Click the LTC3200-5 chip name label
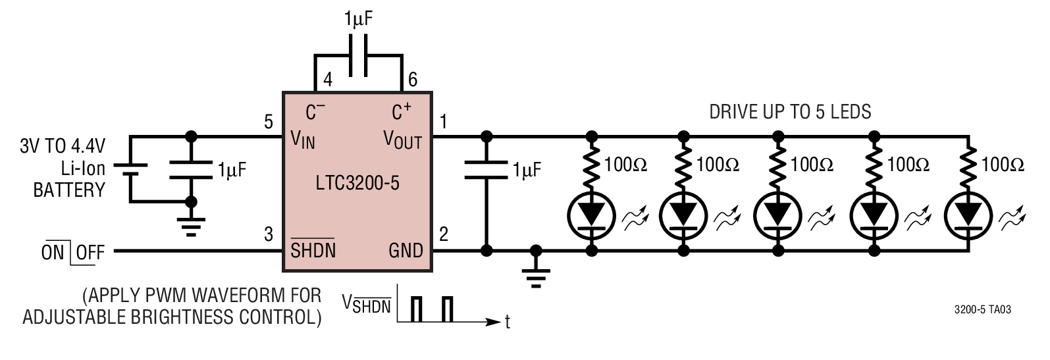tap(357, 183)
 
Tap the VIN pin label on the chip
tap(303, 140)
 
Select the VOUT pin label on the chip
tap(403, 140)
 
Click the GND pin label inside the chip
tap(406, 251)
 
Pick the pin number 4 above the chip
tap(328, 80)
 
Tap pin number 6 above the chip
tap(413, 80)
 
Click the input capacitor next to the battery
tap(191, 170)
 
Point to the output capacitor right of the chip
tap(486, 170)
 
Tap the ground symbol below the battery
tap(191, 227)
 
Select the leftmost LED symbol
tap(592, 216)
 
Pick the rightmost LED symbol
tap(968, 216)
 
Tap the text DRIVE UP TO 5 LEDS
tap(790, 112)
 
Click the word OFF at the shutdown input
tap(90, 253)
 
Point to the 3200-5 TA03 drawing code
tap(982, 310)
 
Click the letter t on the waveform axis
tap(508, 322)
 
